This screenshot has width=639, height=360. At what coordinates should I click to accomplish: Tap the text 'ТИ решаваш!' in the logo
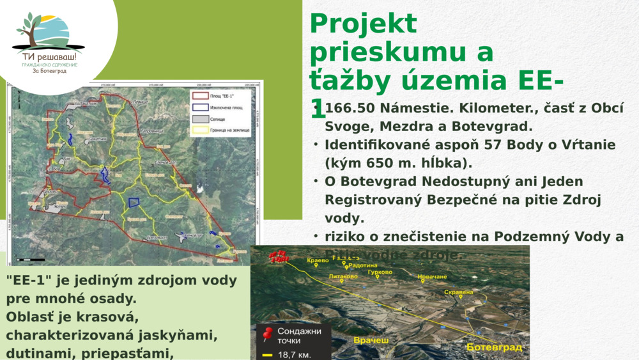49,56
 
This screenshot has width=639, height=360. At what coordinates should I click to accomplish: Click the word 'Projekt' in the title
363,24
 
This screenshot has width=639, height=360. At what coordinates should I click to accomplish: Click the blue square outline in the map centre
134,202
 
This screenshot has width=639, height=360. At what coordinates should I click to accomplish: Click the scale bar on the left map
31,260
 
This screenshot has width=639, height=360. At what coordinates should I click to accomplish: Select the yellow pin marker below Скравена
461,297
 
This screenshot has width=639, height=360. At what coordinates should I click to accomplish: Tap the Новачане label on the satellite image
432,277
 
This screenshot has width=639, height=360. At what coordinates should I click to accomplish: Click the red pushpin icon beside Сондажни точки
268,333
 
